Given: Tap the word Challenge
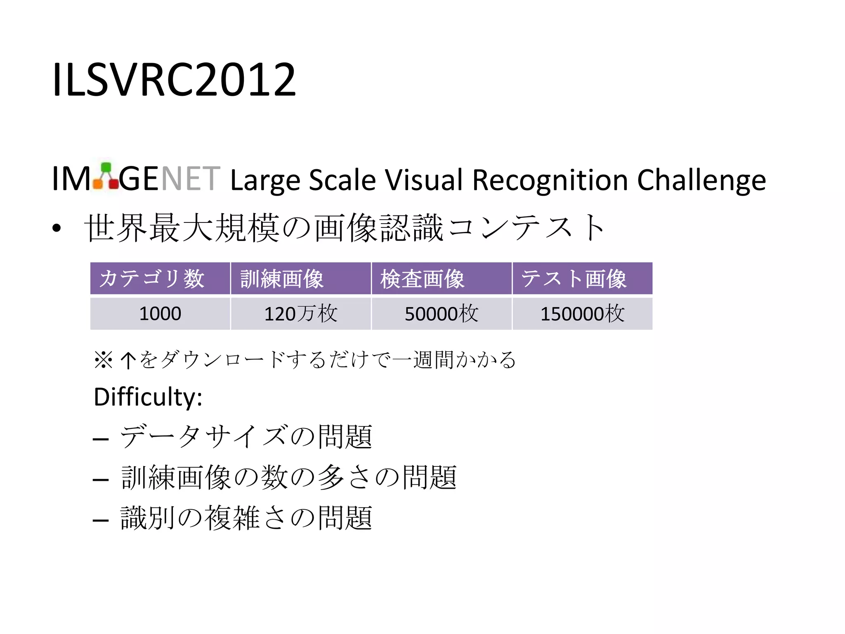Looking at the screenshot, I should pyautogui.click(x=701, y=181).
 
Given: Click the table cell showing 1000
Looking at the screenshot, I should pyautogui.click(x=160, y=314).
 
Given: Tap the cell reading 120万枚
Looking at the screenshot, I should pyautogui.click(x=301, y=314).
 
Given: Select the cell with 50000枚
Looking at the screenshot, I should pyautogui.click(x=441, y=314).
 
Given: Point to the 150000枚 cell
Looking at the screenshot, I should pyautogui.click(x=582, y=314).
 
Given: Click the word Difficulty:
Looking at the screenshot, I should pyautogui.click(x=148, y=397).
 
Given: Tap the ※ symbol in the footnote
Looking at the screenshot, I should pyautogui.click(x=103, y=360).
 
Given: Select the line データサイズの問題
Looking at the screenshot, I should pyautogui.click(x=246, y=437).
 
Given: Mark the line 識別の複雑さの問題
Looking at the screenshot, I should pyautogui.click(x=246, y=518).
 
